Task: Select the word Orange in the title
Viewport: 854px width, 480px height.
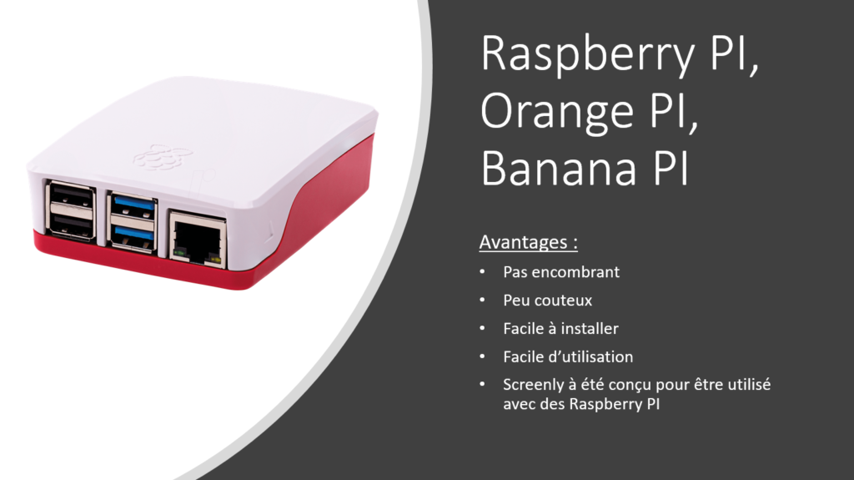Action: tap(556, 113)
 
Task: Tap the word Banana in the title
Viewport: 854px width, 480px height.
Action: tap(559, 169)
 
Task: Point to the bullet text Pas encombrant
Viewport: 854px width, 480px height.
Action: tap(561, 271)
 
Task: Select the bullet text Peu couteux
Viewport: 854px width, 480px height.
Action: tap(547, 300)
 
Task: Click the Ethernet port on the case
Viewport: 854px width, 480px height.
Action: tap(197, 240)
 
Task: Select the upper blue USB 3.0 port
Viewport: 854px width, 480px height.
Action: tap(133, 207)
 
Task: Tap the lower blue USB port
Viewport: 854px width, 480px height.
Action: tap(133, 236)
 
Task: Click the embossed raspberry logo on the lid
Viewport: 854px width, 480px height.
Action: tap(163, 158)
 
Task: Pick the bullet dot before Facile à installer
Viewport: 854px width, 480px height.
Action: tap(482, 328)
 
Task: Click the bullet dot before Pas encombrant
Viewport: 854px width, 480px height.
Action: tap(482, 271)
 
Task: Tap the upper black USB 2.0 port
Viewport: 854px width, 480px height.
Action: tap(71, 196)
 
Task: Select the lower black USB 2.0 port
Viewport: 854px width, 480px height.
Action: tap(71, 225)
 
